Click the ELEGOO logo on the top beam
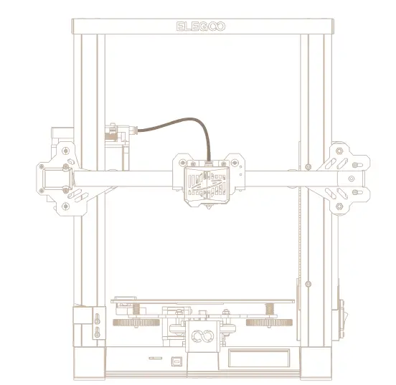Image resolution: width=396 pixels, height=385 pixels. pyautogui.click(x=201, y=27)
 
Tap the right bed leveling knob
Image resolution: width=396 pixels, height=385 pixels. pyautogui.click(x=267, y=323)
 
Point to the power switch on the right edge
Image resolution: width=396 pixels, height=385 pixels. pyautogui.click(x=343, y=315)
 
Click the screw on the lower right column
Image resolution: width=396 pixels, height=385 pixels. pyautogui.click(x=308, y=285)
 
